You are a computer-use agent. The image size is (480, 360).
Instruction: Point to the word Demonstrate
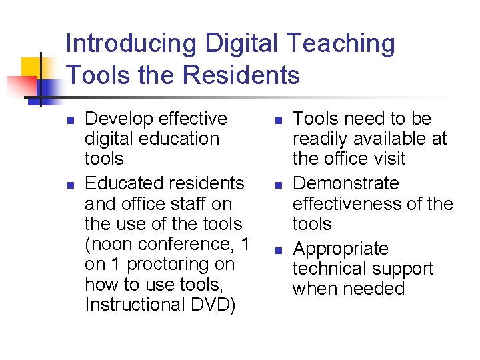coord(346,183)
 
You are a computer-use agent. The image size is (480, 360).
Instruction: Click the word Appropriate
coord(341,249)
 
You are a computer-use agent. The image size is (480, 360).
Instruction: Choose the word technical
coord(331,269)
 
